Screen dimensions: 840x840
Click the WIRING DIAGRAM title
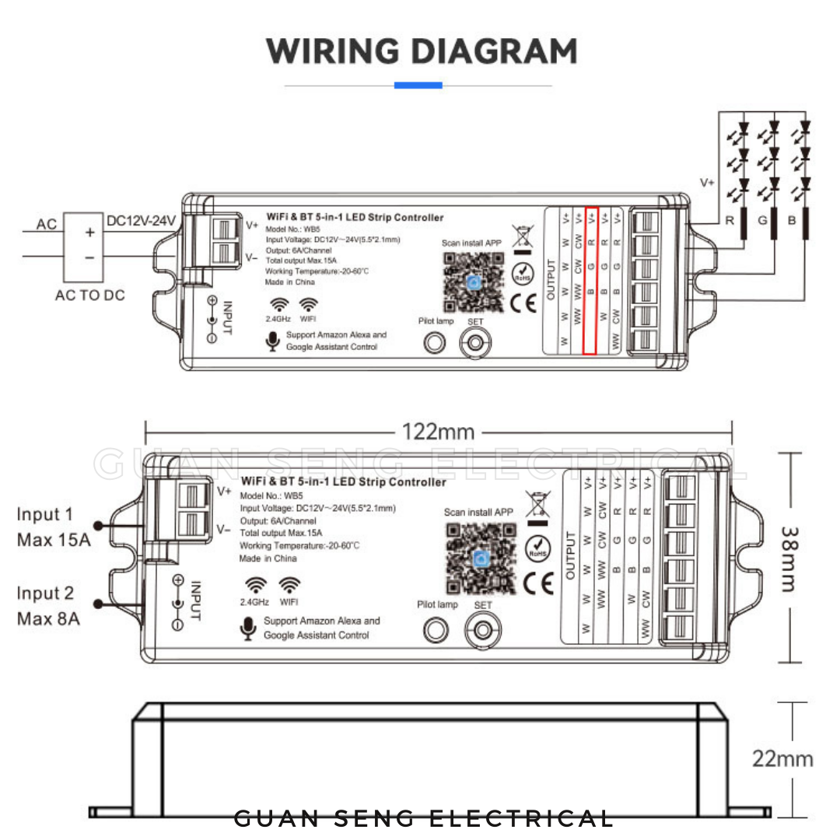[x=421, y=51]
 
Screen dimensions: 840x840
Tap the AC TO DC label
[x=91, y=296]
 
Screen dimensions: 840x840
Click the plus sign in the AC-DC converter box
[x=89, y=233]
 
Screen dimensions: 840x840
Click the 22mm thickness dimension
[x=782, y=758]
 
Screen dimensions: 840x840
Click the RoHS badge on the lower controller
[x=537, y=548]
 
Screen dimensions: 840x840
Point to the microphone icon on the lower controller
[x=249, y=628]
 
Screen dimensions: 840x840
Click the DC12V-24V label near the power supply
[x=141, y=220]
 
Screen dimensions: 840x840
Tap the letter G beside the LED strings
[x=762, y=221]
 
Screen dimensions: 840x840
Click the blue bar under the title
[x=418, y=85]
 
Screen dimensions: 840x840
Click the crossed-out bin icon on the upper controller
[x=521, y=236]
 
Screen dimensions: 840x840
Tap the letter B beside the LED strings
[x=792, y=221]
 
